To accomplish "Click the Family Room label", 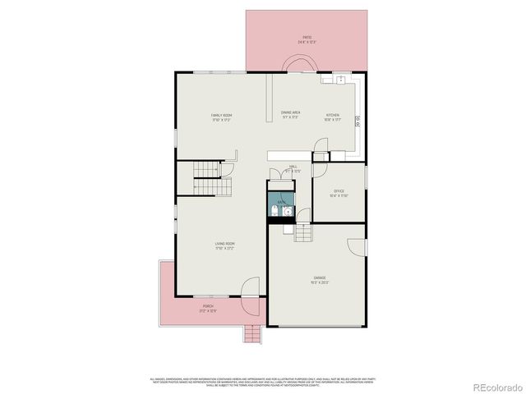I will [220, 117].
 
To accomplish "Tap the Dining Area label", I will [290, 114].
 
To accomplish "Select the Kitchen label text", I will [332, 117].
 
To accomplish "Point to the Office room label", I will [339, 193].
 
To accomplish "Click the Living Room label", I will [225, 245].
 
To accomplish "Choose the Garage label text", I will [320, 280].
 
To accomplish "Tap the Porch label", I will [207, 308].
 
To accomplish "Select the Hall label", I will [293, 168].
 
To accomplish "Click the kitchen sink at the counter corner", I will [339, 80].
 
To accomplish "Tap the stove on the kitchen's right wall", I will [358, 121].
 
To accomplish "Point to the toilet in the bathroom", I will [272, 213].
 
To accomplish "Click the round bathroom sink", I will [285, 213].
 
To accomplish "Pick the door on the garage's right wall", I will [355, 247].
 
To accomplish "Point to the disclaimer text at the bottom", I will [262, 381].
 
